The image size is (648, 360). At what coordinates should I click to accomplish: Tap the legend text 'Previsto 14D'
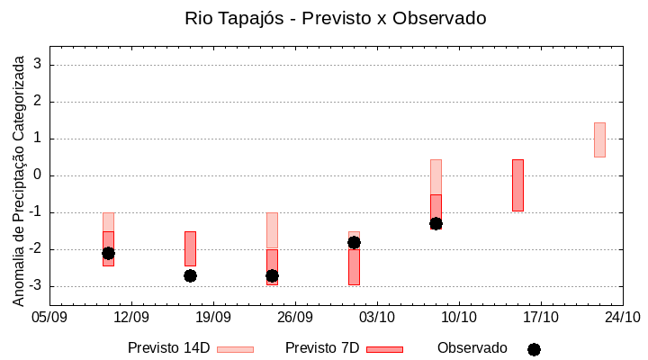point(168,348)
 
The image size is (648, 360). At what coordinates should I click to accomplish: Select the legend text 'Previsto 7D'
point(322,348)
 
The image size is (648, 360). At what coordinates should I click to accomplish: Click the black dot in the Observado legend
point(534,349)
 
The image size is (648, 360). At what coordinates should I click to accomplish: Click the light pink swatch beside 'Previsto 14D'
point(236,349)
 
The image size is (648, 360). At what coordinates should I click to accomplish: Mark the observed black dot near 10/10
point(436,223)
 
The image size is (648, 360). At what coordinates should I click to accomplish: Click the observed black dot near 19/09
point(190,275)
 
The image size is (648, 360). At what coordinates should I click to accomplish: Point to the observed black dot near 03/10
point(354,242)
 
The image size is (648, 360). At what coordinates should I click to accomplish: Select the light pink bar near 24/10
point(599,139)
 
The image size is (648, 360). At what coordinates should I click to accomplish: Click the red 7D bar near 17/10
point(517,185)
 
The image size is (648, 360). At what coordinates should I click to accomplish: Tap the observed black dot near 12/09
point(108,253)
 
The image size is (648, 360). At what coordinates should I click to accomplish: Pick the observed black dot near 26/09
point(272,275)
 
